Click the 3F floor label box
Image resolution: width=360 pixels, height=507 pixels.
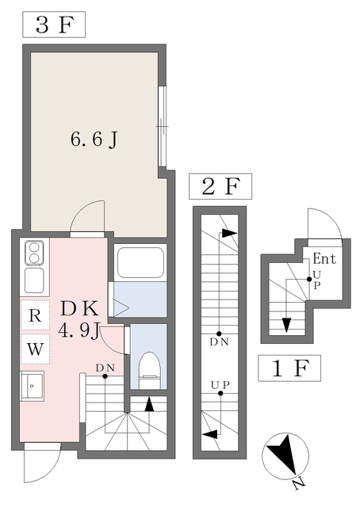click(54, 25)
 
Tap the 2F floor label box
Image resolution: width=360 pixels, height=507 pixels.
click(220, 186)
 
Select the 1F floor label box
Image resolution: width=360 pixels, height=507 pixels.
click(289, 368)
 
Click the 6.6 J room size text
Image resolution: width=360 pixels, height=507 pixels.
click(94, 139)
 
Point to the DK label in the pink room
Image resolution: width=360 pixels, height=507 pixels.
click(79, 309)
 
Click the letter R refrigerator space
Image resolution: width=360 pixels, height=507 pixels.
click(35, 315)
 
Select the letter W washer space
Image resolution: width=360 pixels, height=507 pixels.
click(35, 349)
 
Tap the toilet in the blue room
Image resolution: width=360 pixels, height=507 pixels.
click(150, 370)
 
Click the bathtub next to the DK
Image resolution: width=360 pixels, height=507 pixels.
click(140, 262)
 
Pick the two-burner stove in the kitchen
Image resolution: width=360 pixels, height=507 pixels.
click(34, 253)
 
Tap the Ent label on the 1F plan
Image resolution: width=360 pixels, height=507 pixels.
click(324, 259)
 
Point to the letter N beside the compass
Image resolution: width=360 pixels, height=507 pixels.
click(298, 484)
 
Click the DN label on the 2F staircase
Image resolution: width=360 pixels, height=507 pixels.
click(219, 341)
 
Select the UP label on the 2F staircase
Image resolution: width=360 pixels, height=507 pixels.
click(220, 385)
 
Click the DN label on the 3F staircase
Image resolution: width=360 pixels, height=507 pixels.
click(105, 368)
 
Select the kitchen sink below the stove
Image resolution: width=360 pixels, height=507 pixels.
click(34, 280)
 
